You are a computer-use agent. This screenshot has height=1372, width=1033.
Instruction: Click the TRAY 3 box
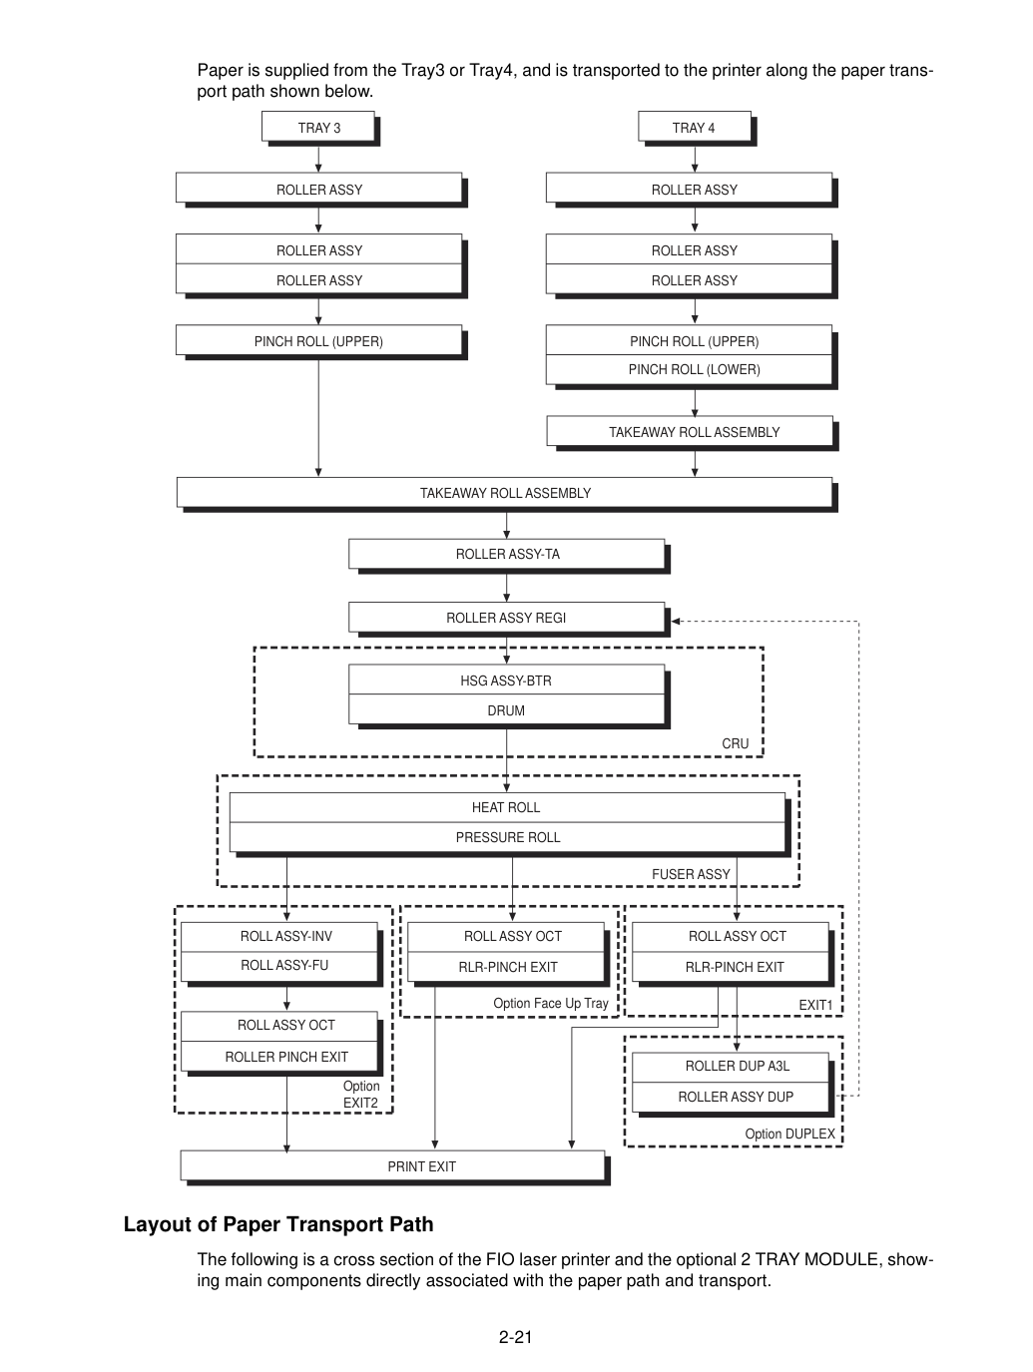pyautogui.click(x=318, y=127)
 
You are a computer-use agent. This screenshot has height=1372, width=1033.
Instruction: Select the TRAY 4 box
pyautogui.click(x=695, y=127)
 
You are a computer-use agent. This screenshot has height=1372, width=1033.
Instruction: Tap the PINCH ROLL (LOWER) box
pyautogui.click(x=690, y=369)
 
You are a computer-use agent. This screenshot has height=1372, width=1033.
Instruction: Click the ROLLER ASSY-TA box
pyautogui.click(x=507, y=554)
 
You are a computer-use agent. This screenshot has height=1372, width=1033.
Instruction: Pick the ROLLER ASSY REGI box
pyautogui.click(x=507, y=618)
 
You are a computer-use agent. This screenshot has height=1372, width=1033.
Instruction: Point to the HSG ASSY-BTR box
pyautogui.click(x=507, y=681)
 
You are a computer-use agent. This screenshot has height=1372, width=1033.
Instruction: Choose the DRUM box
pyautogui.click(x=507, y=710)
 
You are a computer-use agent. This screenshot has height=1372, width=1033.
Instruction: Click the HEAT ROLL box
pyautogui.click(x=507, y=807)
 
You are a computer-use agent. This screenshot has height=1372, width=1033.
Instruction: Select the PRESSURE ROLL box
pyautogui.click(x=507, y=837)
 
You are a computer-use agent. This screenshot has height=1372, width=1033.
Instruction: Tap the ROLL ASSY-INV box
pyautogui.click(x=279, y=936)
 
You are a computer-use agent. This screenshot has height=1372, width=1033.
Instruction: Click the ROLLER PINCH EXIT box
pyautogui.click(x=279, y=1057)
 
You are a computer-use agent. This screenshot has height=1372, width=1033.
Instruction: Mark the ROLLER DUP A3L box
pyautogui.click(x=731, y=1067)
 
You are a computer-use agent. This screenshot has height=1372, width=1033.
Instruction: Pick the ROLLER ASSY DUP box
pyautogui.click(x=731, y=1097)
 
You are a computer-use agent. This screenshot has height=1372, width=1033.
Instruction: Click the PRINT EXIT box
pyautogui.click(x=392, y=1166)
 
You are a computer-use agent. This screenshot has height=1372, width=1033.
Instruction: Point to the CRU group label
pyautogui.click(x=735, y=743)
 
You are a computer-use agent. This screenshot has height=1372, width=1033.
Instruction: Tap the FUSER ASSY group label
pyautogui.click(x=691, y=874)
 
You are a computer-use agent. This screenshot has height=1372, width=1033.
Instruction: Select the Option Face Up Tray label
pyautogui.click(x=551, y=1004)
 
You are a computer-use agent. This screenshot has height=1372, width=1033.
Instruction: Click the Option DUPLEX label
pyautogui.click(x=789, y=1134)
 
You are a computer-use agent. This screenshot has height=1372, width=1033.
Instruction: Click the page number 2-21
pyautogui.click(x=516, y=1337)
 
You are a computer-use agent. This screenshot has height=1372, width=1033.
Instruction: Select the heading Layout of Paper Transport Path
pyautogui.click(x=278, y=1224)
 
